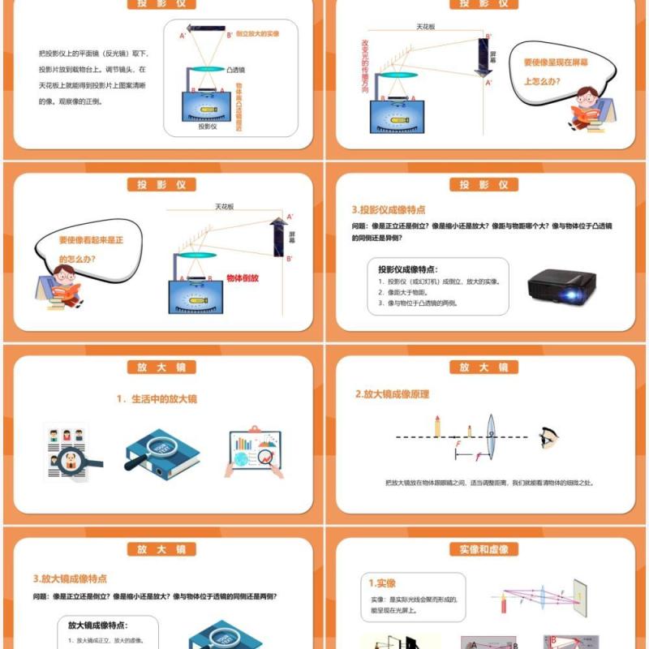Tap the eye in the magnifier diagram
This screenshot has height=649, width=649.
pos(548,438)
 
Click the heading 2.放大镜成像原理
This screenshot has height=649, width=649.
pos(392,394)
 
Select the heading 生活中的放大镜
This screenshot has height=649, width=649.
pos(157,398)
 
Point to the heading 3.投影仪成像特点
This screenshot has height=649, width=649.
pos(388,209)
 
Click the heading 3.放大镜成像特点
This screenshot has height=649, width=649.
pos(71,578)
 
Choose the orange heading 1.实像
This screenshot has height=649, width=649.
pos(383,583)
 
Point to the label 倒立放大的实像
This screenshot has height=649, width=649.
pos(258,34)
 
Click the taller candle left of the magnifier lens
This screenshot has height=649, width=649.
pos(438,426)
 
